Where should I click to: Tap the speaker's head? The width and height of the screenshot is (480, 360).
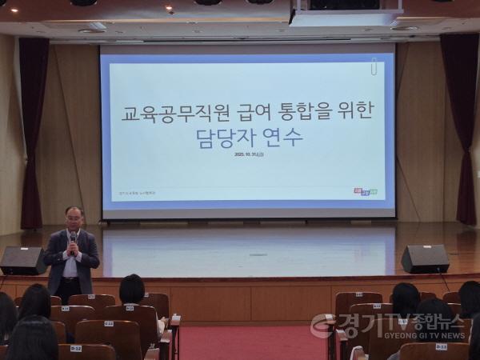tap(74, 218)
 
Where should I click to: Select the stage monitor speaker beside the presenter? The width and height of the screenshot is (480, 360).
tap(22, 260)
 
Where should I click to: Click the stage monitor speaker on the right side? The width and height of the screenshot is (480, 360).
tap(424, 258)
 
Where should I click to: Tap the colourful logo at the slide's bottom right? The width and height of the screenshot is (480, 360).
tap(365, 191)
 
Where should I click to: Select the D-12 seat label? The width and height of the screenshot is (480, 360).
tap(76, 348)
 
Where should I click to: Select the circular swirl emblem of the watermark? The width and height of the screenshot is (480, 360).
tap(323, 326)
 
